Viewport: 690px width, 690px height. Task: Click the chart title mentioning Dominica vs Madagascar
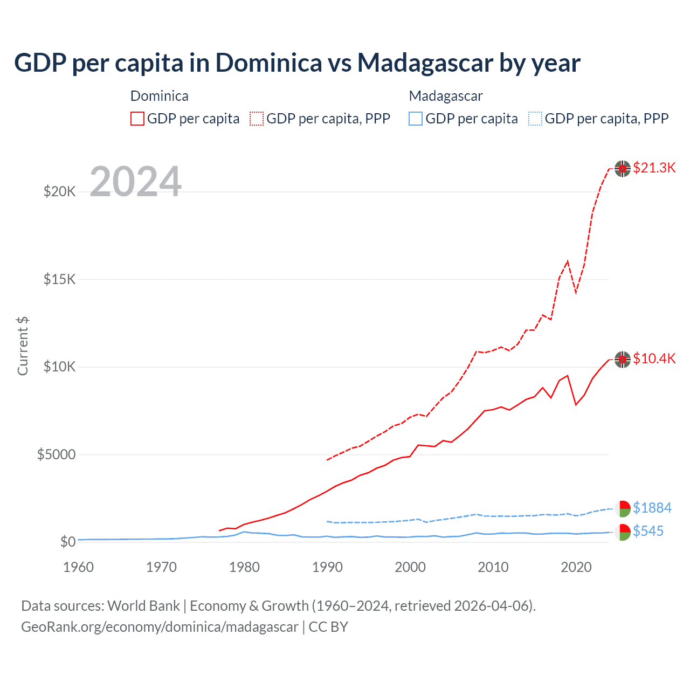[x=297, y=63]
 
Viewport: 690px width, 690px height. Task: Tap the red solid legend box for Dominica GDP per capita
[x=137, y=119]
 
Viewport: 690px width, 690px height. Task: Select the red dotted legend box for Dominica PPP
[x=257, y=119]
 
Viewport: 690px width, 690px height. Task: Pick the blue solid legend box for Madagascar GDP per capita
[x=416, y=119]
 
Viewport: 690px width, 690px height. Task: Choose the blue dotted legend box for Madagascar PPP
[x=535, y=119]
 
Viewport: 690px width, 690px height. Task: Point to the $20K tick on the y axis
[x=59, y=191]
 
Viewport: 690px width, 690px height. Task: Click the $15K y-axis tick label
[x=59, y=279]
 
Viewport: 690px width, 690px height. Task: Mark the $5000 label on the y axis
[x=56, y=454]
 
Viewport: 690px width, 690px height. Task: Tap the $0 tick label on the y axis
[x=67, y=542]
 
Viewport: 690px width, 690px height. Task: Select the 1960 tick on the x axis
[x=79, y=567]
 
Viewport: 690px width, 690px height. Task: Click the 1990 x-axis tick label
[x=327, y=567]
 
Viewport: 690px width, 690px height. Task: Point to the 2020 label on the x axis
[x=576, y=567]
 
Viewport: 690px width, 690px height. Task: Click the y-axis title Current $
[x=23, y=346]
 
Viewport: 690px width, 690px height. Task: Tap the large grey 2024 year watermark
[x=135, y=182]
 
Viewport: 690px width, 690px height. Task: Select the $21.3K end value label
[x=654, y=168]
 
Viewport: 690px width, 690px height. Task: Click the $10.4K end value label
[x=654, y=358]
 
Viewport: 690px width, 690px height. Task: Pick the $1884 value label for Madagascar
[x=652, y=508]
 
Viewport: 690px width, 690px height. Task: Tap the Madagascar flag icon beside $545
[x=623, y=532]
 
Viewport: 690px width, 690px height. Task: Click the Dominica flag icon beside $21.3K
[x=623, y=169]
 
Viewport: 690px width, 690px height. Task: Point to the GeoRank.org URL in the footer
[x=160, y=627]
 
